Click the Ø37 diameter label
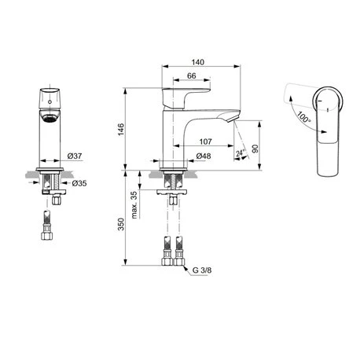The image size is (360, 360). [75, 156]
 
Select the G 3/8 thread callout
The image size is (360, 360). [202, 270]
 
